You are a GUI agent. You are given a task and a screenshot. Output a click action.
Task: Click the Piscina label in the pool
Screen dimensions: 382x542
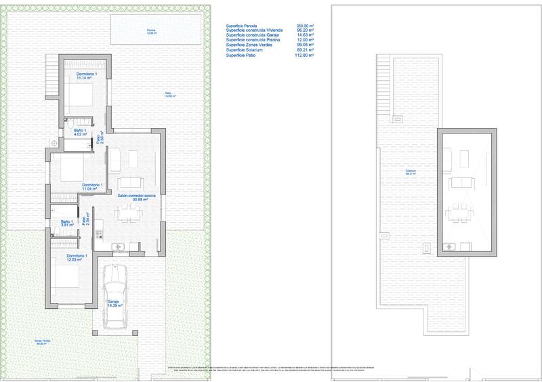click(150, 31)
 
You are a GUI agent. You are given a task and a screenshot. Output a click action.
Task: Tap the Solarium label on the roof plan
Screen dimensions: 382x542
click(410, 172)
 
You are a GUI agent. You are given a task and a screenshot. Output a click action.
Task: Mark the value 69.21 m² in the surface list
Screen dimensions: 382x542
click(306, 49)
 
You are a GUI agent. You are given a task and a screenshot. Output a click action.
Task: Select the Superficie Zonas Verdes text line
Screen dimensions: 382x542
click(251, 45)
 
